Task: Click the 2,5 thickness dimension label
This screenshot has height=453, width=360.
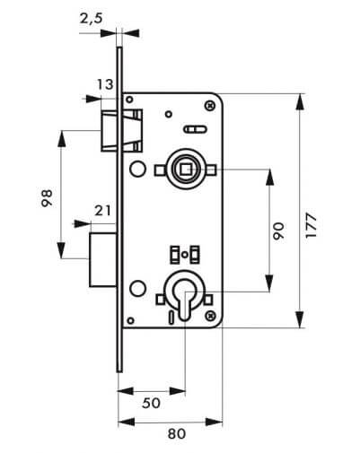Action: pos(92,19)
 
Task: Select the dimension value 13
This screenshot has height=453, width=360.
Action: pos(105,84)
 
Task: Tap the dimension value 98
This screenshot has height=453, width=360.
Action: pos(47,198)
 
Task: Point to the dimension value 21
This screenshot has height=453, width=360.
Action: pos(102,211)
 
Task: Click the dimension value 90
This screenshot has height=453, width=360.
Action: pos(278,231)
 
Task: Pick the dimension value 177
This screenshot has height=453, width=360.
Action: pos(312,226)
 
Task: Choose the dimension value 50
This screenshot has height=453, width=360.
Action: pos(151,404)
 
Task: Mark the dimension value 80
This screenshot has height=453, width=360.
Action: pos(177,434)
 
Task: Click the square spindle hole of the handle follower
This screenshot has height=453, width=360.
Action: pos(185,170)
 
